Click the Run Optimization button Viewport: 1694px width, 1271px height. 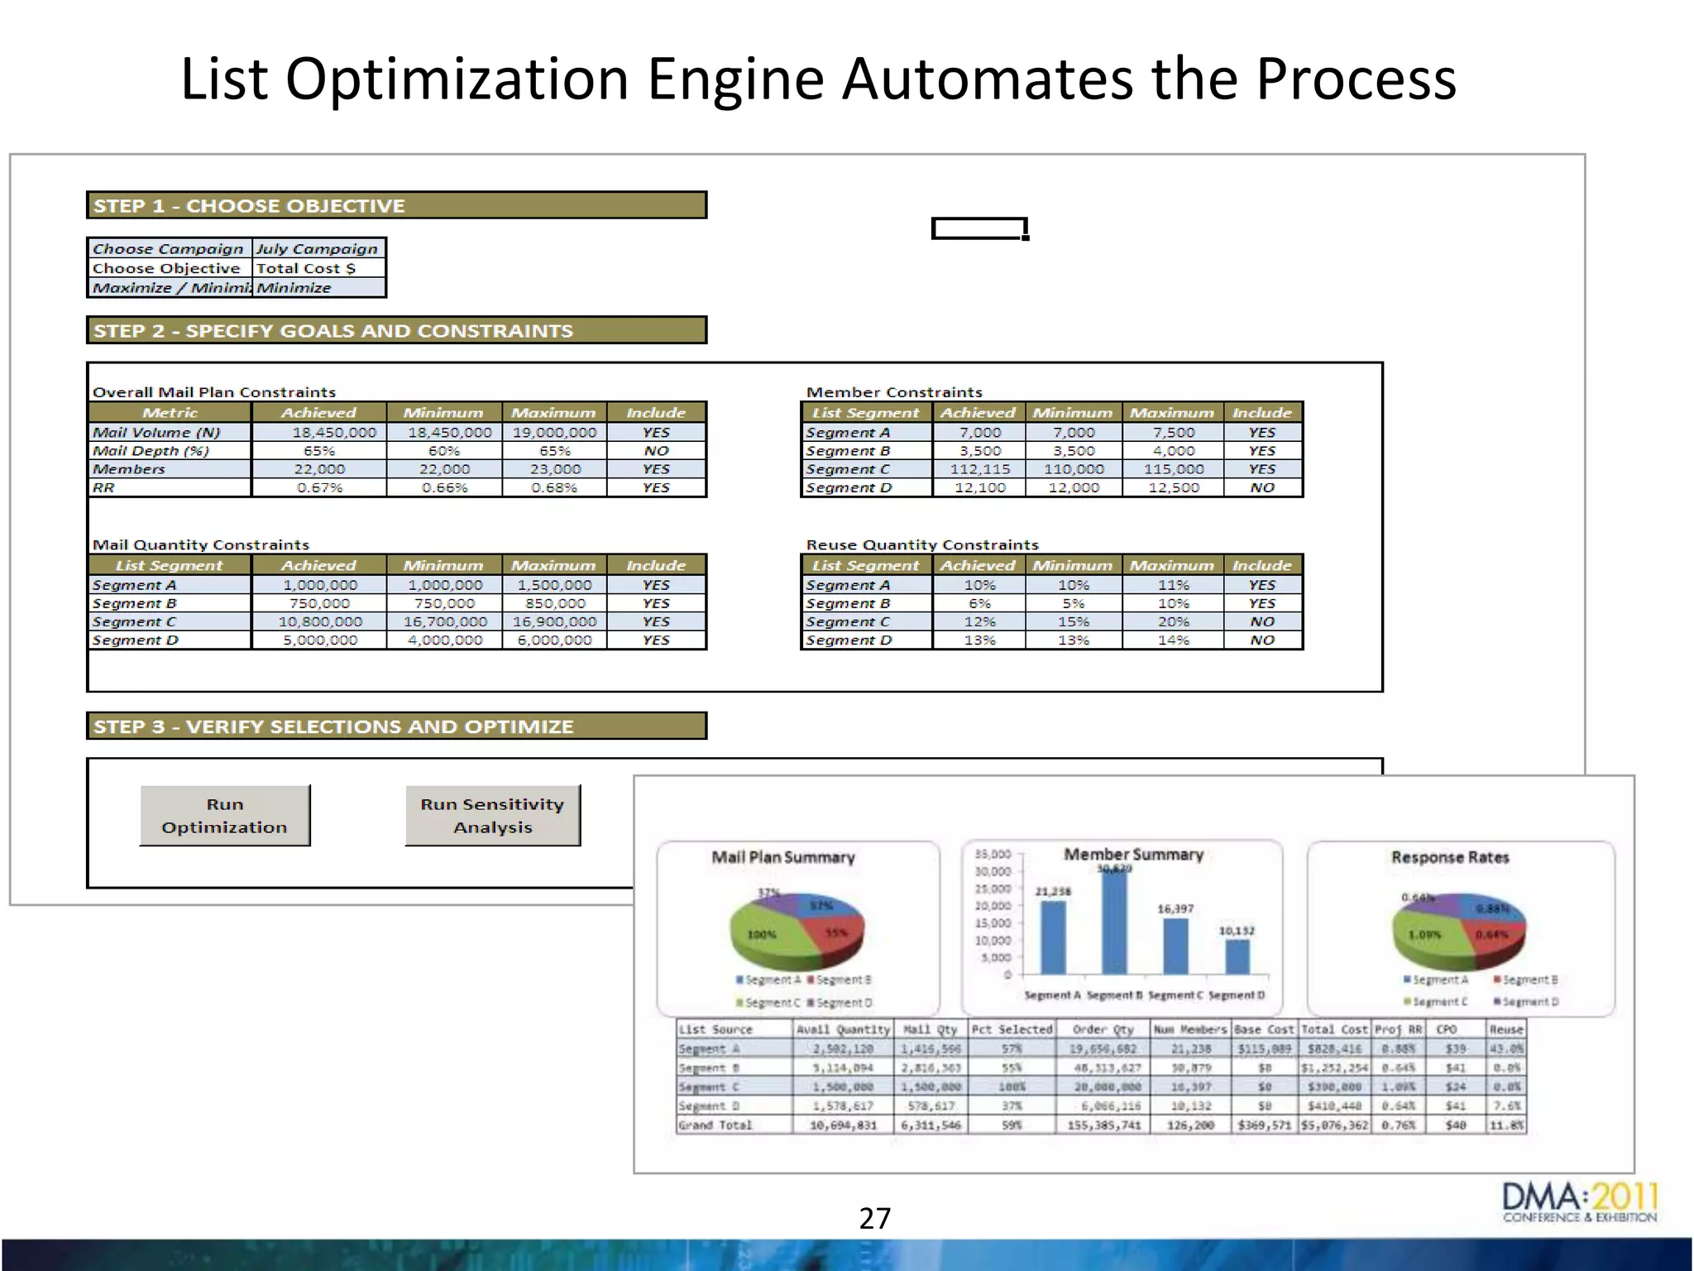point(224,816)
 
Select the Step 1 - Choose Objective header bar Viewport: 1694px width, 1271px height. point(396,205)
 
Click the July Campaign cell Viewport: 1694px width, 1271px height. point(317,248)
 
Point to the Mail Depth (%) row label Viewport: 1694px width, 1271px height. point(151,451)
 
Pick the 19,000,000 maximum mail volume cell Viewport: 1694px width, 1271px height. point(554,432)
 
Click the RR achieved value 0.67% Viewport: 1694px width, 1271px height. point(319,487)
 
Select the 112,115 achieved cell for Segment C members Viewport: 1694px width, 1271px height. point(979,469)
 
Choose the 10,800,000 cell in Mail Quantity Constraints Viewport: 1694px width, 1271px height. point(319,621)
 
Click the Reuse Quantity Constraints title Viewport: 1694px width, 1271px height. point(921,544)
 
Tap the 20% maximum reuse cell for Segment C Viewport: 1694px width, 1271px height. point(1173,621)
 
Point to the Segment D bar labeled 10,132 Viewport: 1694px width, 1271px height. point(1237,956)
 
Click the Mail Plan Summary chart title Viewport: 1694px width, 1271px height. point(782,857)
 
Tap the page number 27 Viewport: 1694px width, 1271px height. point(874,1218)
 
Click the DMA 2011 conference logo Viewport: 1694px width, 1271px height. point(1579,1202)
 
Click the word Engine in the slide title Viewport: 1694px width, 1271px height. point(735,79)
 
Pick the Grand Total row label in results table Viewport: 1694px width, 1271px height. point(715,1125)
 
